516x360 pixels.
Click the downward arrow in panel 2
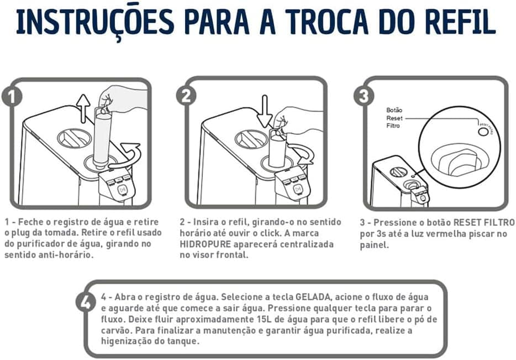pos(264,111)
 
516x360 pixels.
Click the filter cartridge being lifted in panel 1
pos(102,135)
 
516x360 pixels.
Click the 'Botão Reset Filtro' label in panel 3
pos(395,118)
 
